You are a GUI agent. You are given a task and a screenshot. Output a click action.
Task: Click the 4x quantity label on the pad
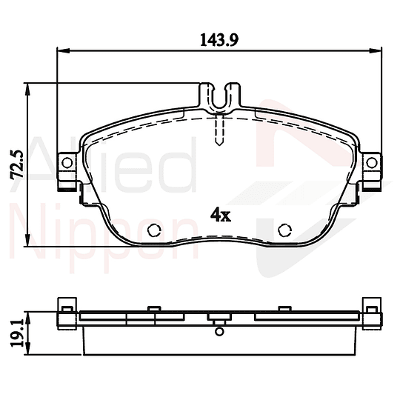pos(221,215)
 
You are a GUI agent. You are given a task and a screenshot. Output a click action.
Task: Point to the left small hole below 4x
pos(155,230)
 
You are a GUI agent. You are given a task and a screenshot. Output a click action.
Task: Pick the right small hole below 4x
pos(284,230)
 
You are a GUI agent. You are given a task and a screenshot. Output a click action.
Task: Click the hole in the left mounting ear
pos(67,163)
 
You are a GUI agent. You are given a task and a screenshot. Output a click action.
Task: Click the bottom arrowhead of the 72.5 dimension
pos(29,244)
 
